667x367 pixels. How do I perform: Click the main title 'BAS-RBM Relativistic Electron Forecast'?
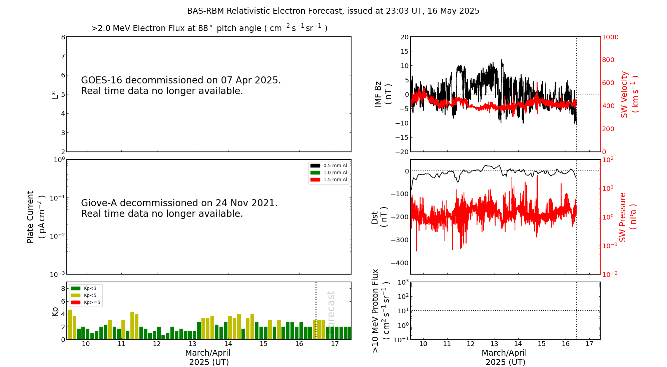click(265, 11)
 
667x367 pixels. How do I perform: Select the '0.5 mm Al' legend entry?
click(329, 165)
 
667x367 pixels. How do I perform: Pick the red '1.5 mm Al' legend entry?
click(329, 179)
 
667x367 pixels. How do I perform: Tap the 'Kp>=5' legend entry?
click(86, 303)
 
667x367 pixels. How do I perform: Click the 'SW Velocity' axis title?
click(624, 94)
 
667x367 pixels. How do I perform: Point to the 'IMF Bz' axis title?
click(378, 94)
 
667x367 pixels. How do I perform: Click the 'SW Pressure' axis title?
click(623, 217)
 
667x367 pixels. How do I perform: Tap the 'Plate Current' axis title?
click(30, 217)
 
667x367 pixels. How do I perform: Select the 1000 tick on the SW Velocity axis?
click(610, 37)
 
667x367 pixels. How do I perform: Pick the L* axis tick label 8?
click(63, 37)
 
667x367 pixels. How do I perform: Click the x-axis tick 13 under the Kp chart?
click(192, 344)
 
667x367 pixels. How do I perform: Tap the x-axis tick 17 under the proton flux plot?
click(589, 344)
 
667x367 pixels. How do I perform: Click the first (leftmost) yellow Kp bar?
click(70, 324)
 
